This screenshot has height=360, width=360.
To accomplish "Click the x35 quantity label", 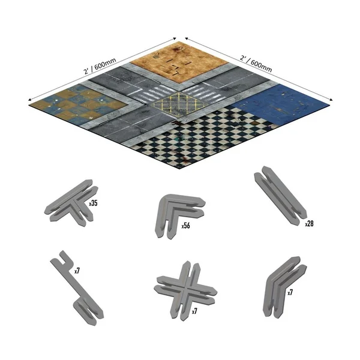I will (93, 203).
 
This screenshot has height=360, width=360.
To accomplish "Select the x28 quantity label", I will (309, 223).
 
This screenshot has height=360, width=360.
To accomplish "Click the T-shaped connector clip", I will (67, 200).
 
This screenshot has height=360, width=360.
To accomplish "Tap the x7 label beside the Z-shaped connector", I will (77, 271).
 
